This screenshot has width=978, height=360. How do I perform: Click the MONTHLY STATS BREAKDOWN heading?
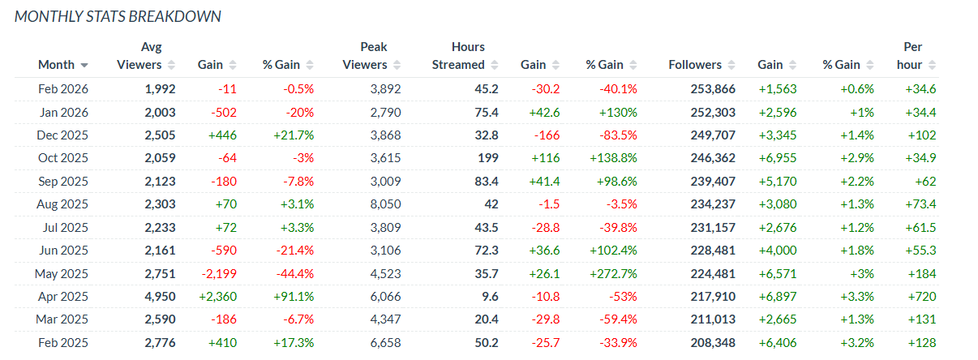point(118,16)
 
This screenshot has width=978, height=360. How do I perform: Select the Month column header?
point(56,65)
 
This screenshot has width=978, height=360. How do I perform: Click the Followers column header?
point(695,65)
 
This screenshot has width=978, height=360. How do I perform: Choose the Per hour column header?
point(912,56)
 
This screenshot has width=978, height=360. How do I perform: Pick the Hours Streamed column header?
point(458,56)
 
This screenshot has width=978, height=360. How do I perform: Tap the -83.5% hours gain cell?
point(605,135)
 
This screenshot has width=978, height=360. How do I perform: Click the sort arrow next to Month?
point(84,65)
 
